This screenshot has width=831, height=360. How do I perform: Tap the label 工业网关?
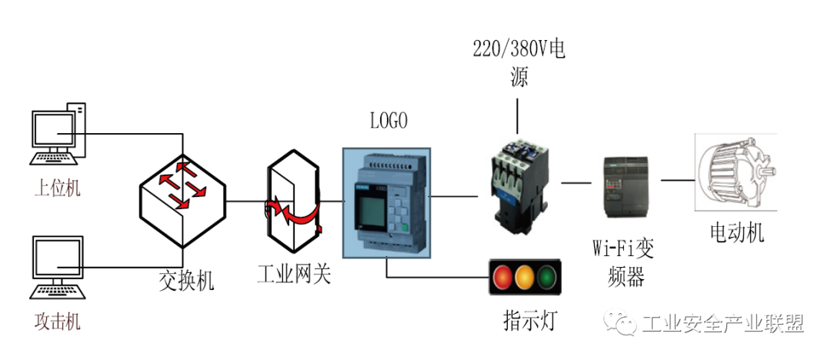[295, 273]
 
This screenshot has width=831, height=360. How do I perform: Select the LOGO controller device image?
[388, 201]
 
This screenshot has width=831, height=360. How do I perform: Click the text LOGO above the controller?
[389, 121]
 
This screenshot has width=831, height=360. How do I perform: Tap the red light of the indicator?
[502, 276]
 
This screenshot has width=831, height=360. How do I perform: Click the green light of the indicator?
[547, 276]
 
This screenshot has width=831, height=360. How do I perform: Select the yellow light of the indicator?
[525, 276]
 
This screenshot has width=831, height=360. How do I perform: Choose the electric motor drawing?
[735, 172]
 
